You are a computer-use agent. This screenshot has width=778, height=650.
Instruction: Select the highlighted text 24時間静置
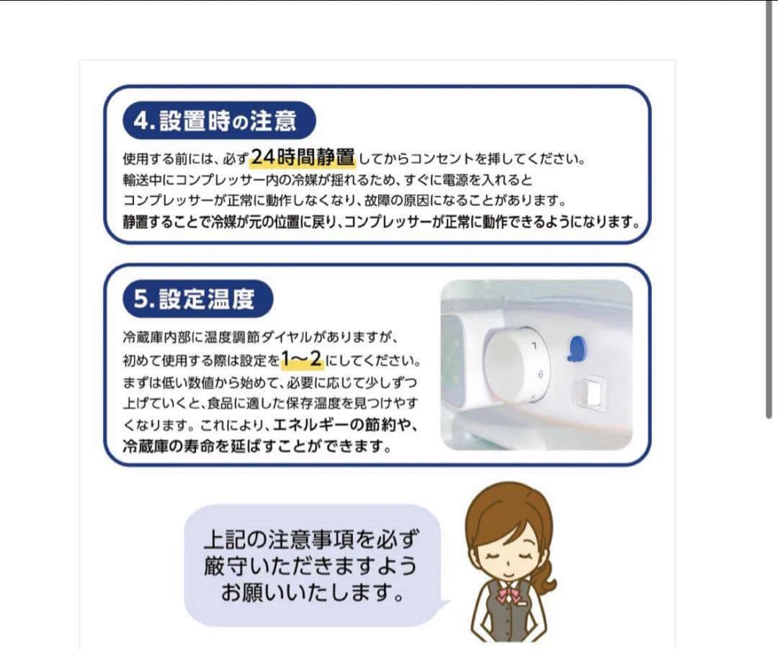[x=303, y=156]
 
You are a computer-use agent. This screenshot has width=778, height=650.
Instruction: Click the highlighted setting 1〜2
[x=301, y=358]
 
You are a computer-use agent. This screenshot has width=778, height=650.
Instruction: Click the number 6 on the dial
[x=539, y=374]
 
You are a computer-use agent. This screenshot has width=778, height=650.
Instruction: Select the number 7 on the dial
[x=534, y=347]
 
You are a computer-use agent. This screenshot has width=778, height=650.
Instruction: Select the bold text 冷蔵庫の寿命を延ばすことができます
[x=257, y=446]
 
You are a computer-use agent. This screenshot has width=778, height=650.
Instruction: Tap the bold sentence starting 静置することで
[x=382, y=222]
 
